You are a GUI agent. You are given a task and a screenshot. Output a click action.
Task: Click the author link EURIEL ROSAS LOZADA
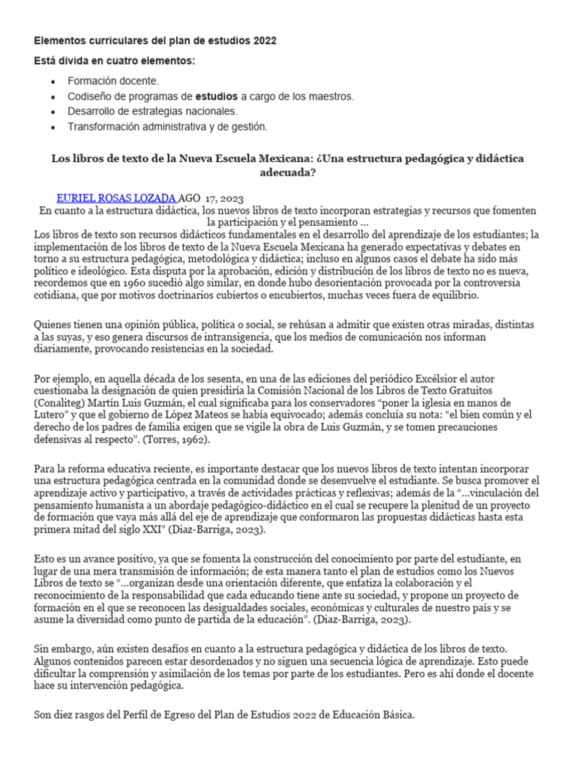(x=117, y=198)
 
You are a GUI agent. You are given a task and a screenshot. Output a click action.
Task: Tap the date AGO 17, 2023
(x=211, y=198)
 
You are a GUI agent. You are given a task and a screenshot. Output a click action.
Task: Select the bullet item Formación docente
(x=113, y=81)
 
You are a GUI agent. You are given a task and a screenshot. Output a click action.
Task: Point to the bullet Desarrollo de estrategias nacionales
(x=152, y=112)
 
